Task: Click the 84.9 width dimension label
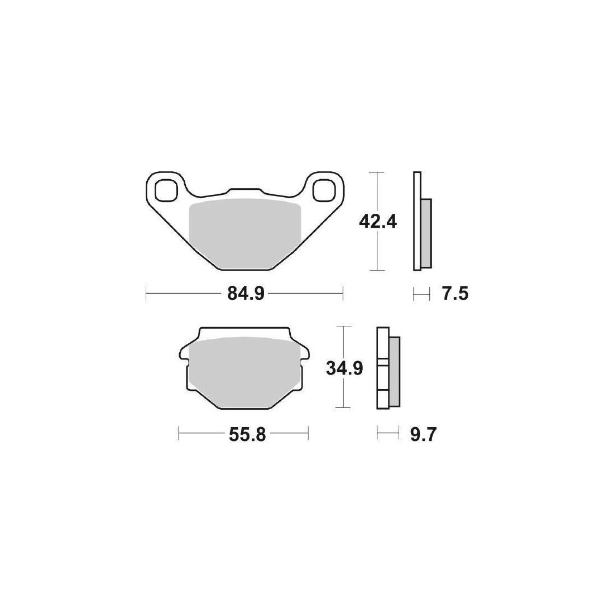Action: (x=246, y=293)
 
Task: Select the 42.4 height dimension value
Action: (x=378, y=222)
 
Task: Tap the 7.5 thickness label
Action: (x=455, y=293)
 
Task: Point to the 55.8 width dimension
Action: (x=247, y=434)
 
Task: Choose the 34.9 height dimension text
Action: (x=344, y=368)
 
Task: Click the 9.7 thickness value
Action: (x=423, y=435)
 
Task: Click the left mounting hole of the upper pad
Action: (x=166, y=191)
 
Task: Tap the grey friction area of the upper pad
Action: (x=244, y=234)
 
